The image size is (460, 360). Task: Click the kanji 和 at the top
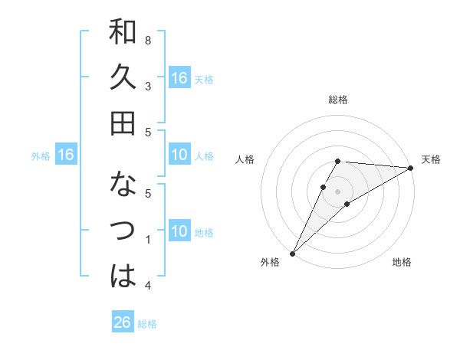click(x=123, y=32)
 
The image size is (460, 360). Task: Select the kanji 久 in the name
click(x=123, y=77)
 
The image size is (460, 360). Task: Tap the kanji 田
click(x=123, y=123)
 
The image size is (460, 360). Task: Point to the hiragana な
click(x=123, y=185)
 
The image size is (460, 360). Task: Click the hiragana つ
click(x=123, y=230)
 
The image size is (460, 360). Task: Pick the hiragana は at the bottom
click(x=123, y=275)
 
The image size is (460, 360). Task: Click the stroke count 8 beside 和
click(x=148, y=40)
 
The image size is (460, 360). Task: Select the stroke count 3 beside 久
click(x=148, y=86)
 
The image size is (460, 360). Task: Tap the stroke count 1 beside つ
click(x=148, y=240)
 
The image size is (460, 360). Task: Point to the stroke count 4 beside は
click(x=148, y=286)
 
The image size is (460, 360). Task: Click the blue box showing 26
click(x=122, y=322)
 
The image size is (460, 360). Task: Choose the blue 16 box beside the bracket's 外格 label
click(x=66, y=155)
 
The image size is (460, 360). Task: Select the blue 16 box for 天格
click(x=179, y=78)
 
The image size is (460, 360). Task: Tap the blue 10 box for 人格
click(x=179, y=155)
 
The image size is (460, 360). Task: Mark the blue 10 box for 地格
click(x=179, y=232)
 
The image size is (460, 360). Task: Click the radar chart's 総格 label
click(x=338, y=100)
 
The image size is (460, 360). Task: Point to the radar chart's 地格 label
click(x=402, y=263)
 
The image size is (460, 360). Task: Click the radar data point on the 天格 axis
click(x=411, y=169)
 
